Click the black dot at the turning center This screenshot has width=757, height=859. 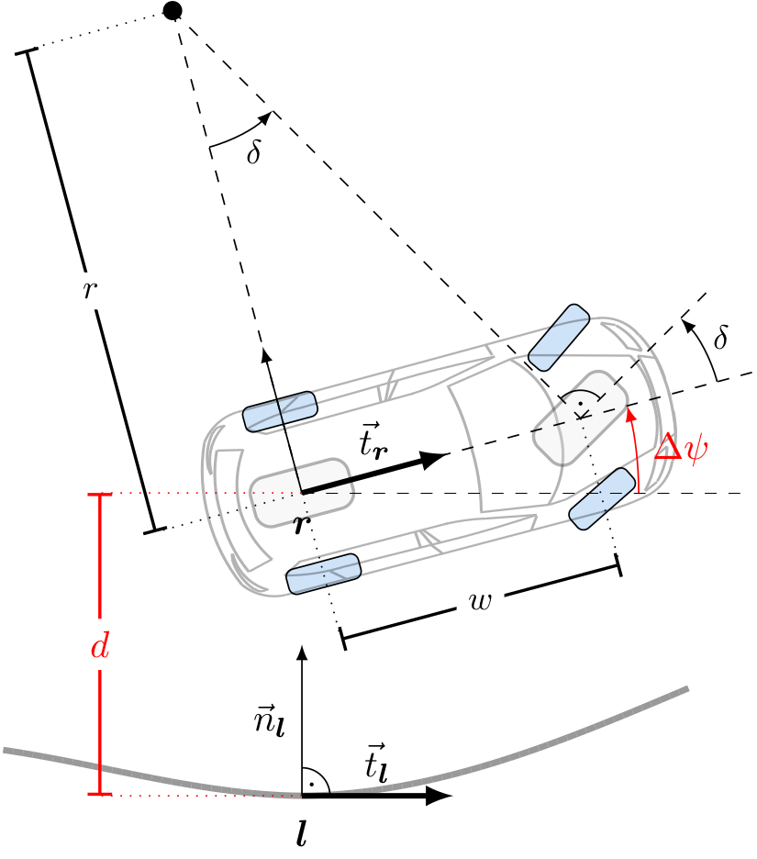(x=172, y=11)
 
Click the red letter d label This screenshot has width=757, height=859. (x=100, y=648)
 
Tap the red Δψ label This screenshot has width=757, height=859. (x=680, y=448)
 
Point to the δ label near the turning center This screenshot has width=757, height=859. (x=254, y=153)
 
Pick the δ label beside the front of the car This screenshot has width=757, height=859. (x=721, y=339)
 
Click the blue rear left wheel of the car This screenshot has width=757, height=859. (x=279, y=410)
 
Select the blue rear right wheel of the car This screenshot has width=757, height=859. (x=323, y=574)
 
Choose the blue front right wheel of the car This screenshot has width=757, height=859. (x=604, y=498)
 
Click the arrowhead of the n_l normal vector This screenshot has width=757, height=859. (x=302, y=653)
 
